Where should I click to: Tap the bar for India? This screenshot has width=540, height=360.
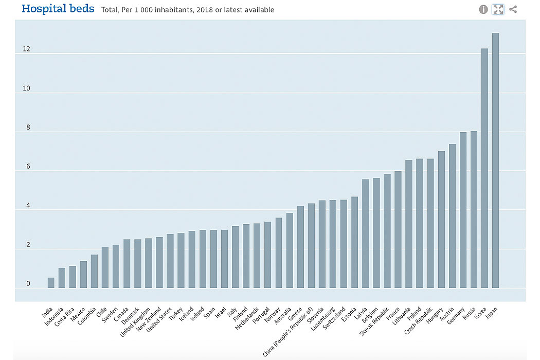[x=51, y=283]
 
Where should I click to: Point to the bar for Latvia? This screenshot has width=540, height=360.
[x=365, y=233]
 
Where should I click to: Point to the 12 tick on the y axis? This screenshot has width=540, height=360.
[x=26, y=49]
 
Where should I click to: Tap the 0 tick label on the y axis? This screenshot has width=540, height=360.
[x=28, y=284]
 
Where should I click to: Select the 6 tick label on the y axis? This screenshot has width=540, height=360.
[x=28, y=167]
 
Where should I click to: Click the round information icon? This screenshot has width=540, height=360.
[x=483, y=9]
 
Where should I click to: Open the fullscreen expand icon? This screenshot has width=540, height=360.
[x=498, y=9]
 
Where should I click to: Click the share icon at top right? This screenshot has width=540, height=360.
[x=513, y=9]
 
